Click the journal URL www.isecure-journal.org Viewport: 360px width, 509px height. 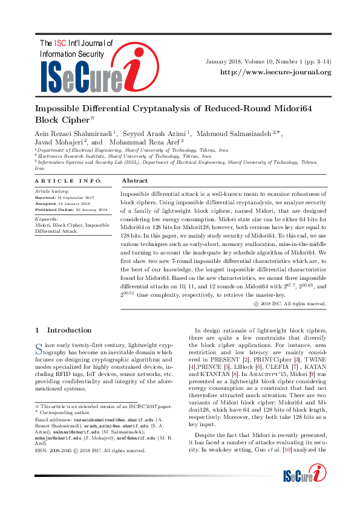(276, 73)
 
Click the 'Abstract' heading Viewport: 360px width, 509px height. (135, 181)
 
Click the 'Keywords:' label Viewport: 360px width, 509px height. (47, 219)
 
